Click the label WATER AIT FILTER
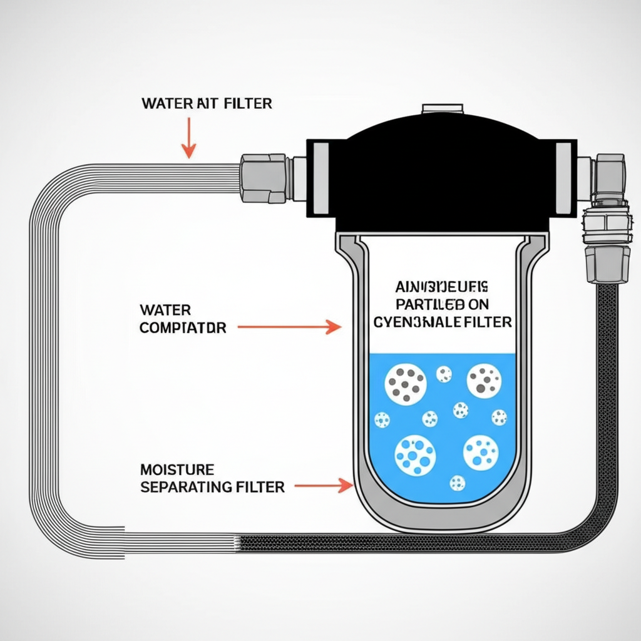tap(207, 103)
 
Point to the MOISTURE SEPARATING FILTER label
tap(212, 478)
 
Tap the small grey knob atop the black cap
tap(441, 109)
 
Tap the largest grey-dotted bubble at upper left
tap(405, 383)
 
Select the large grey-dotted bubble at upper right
tap(484, 381)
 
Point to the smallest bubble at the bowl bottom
tap(458, 483)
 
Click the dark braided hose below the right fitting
tap(607, 376)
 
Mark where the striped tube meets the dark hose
tap(240, 543)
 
